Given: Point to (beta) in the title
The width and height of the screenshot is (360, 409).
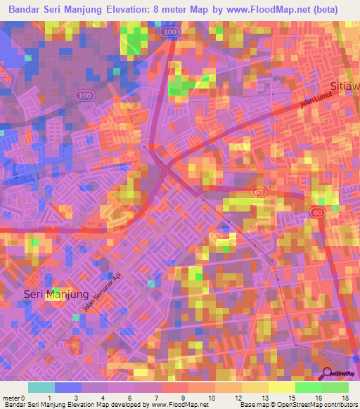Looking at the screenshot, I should (322, 10).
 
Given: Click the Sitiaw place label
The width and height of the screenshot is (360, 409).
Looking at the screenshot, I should (349, 86).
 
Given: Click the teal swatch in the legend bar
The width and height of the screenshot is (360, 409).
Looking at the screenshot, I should (41, 387).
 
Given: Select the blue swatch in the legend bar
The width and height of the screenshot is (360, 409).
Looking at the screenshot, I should (68, 387).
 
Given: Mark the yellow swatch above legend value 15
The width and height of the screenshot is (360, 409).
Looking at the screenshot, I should (281, 387).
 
